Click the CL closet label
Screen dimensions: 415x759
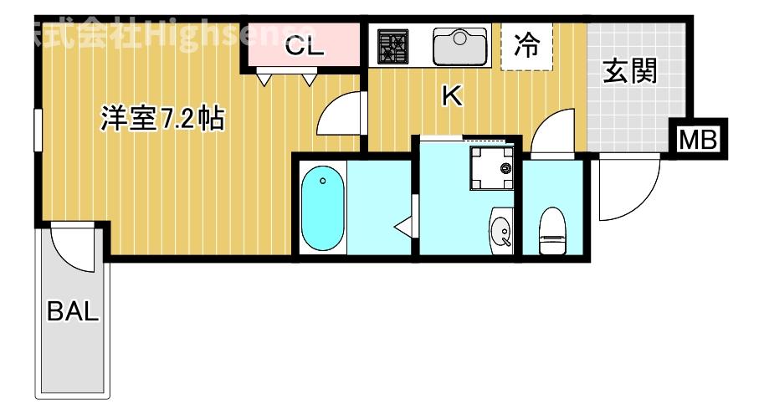[303, 47]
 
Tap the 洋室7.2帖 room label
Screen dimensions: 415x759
[161, 120]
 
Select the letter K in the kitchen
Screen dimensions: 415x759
[452, 97]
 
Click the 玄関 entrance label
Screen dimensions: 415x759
[629, 73]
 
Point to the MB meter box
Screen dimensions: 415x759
[697, 139]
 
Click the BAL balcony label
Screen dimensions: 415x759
[73, 313]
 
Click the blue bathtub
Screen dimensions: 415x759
[323, 207]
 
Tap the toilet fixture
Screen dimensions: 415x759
[552, 231]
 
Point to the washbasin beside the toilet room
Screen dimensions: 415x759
[501, 230]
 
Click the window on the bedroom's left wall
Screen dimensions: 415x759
[37, 131]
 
